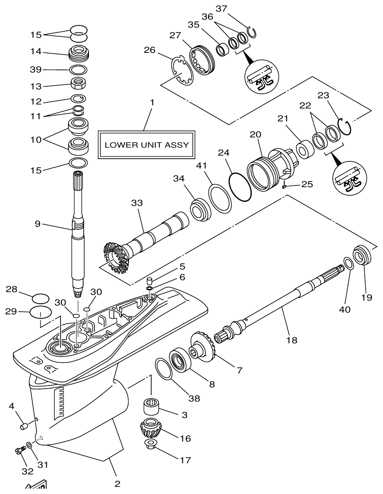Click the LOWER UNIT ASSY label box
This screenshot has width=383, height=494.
(146, 145)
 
